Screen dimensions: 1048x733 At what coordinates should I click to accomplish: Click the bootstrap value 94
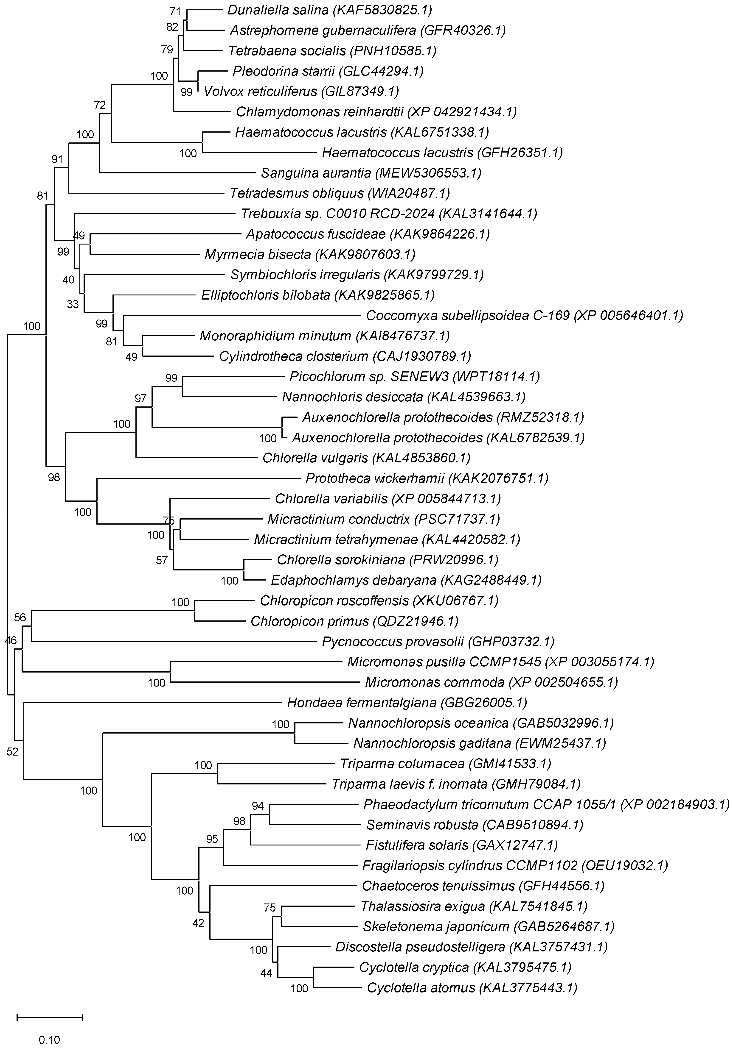(x=258, y=806)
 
